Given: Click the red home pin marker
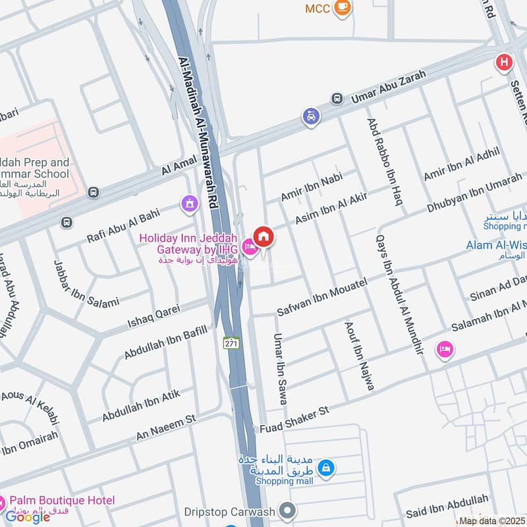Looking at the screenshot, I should [263, 236].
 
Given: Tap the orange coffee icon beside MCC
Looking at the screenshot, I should [343, 7].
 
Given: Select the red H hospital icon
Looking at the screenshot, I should [504, 63].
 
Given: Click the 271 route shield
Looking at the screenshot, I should [231, 343].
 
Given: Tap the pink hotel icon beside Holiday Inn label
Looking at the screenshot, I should [250, 247].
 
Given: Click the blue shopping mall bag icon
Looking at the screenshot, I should [325, 468].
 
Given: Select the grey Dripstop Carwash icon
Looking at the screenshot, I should [287, 509].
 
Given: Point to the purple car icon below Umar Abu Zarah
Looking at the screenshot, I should [310, 117].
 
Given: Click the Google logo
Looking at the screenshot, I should [28, 516].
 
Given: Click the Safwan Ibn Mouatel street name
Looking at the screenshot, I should [321, 295].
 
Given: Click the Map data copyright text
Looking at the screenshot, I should [491, 520].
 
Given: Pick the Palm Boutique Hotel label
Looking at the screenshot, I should [63, 501].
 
